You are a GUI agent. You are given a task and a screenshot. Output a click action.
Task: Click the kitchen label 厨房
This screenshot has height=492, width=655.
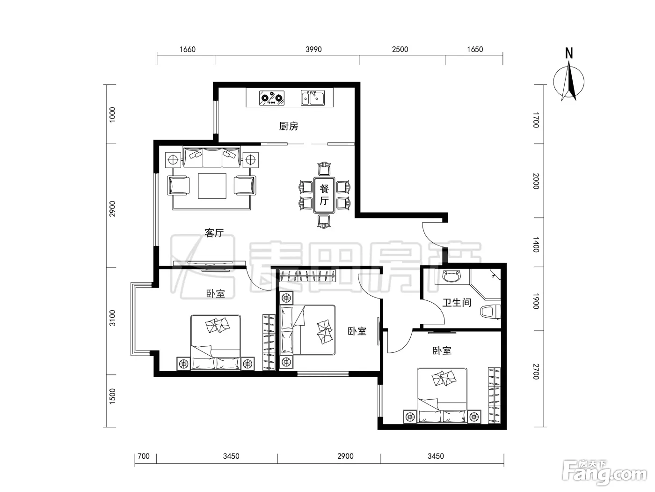289,126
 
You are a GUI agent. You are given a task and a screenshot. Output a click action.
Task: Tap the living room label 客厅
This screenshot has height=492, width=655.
214,233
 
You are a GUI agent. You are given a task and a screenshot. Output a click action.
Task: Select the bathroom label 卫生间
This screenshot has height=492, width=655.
457,303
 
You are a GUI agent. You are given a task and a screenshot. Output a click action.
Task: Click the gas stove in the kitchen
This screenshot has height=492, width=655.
271,98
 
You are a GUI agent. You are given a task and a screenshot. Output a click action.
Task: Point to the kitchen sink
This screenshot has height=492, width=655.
313,98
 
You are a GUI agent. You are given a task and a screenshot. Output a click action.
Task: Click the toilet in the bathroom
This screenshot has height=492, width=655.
490,311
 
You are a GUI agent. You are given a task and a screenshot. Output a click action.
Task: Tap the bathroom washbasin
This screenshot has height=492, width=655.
452,276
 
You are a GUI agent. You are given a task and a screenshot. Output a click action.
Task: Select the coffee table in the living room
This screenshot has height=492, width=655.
212,186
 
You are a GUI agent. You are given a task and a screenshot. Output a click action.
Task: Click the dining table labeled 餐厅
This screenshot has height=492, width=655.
324,195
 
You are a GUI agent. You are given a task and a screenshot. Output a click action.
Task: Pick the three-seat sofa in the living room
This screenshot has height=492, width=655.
212,157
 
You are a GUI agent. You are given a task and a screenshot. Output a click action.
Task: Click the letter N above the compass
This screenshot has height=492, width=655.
569,53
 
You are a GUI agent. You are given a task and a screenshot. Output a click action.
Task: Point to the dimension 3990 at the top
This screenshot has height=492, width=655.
313,49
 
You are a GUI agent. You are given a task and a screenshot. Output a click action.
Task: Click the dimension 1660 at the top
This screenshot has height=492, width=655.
188,49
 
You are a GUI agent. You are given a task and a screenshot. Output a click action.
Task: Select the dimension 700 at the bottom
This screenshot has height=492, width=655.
143,456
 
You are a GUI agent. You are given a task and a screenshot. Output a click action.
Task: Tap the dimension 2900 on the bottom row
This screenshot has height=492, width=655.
345,456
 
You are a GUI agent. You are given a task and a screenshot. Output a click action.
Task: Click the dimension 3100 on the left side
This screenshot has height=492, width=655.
112,318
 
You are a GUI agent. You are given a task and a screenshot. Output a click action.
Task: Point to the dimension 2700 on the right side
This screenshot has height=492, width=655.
536,372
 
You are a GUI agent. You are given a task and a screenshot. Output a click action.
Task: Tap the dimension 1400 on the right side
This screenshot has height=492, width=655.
536,245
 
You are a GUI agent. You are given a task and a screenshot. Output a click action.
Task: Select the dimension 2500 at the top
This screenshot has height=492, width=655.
400,49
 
